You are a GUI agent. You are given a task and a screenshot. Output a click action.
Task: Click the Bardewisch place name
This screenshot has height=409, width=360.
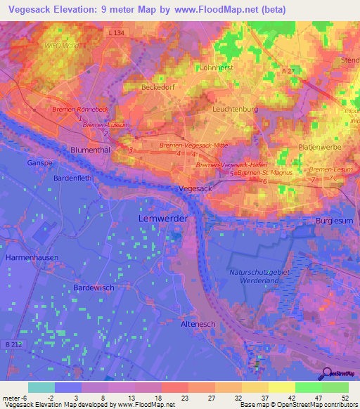pos(96,287)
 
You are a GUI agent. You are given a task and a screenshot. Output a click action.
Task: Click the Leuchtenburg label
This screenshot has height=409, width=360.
pos(236,110)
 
